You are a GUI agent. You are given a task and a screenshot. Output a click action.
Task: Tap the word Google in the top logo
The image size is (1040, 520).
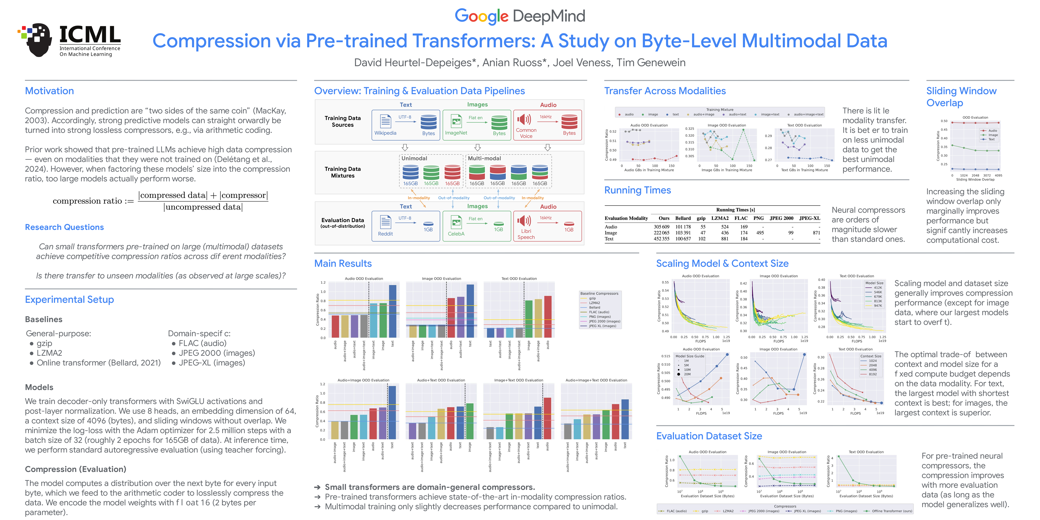[481, 16]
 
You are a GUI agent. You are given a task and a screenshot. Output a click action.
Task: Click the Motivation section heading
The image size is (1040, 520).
[49, 91]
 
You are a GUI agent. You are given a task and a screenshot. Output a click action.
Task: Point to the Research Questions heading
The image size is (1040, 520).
[64, 227]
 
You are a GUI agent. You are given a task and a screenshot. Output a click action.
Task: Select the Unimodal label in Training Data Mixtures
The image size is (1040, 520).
[414, 158]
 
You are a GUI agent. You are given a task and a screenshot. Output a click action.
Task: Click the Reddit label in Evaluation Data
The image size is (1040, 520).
[385, 234]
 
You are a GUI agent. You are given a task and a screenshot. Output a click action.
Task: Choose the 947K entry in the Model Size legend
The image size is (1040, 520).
[878, 306]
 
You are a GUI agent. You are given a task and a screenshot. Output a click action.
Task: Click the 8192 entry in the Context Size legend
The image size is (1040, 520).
[872, 374]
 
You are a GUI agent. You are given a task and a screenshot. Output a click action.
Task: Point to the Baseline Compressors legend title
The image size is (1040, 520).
[599, 294]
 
